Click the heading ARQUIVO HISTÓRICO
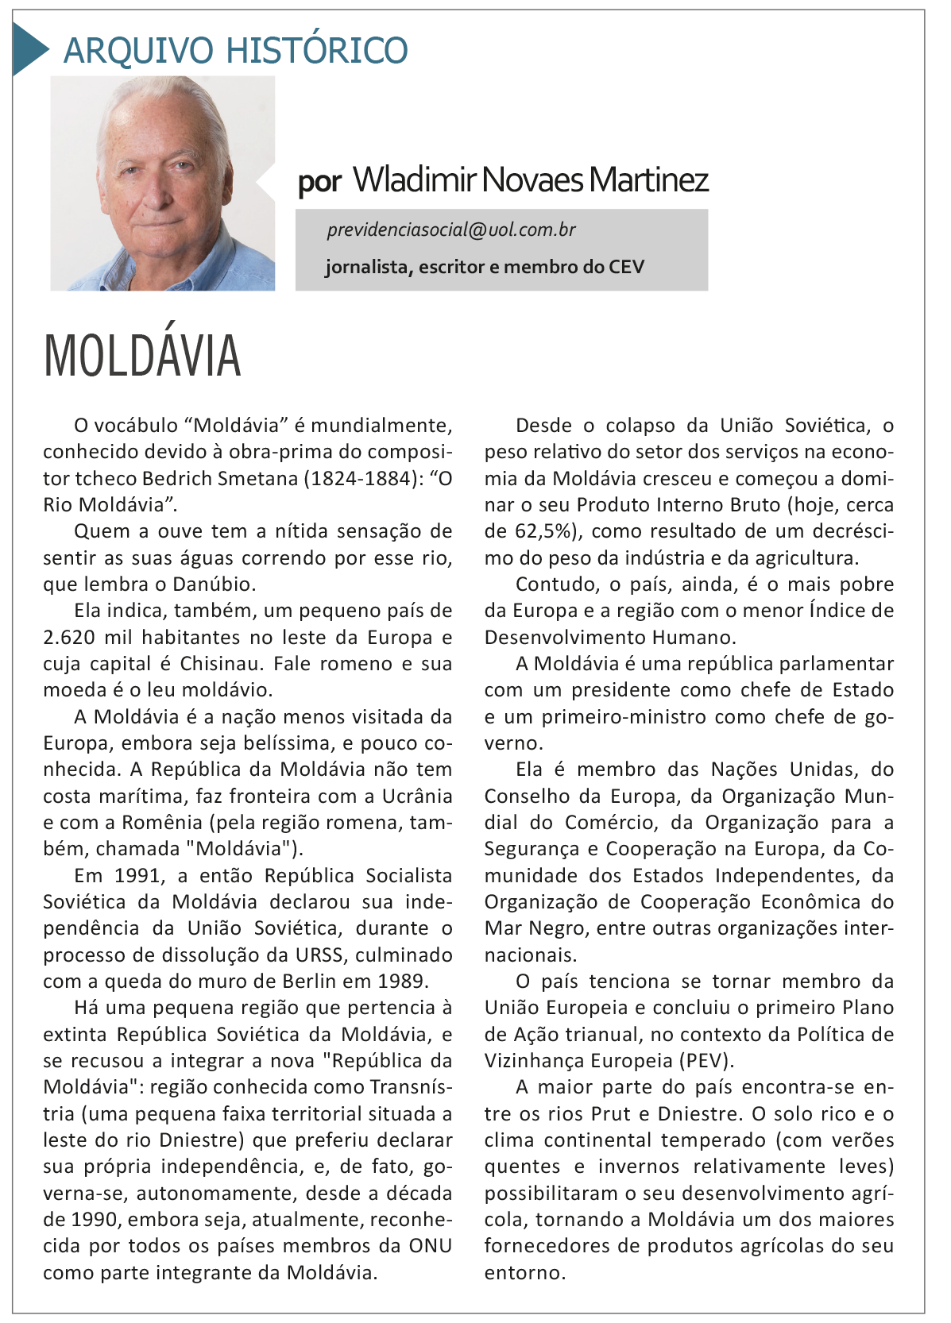235,50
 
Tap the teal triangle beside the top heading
29,49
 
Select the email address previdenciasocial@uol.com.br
450,230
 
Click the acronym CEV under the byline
626,267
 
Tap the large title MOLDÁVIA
142,356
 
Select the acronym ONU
430,1246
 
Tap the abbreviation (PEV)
706,1061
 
